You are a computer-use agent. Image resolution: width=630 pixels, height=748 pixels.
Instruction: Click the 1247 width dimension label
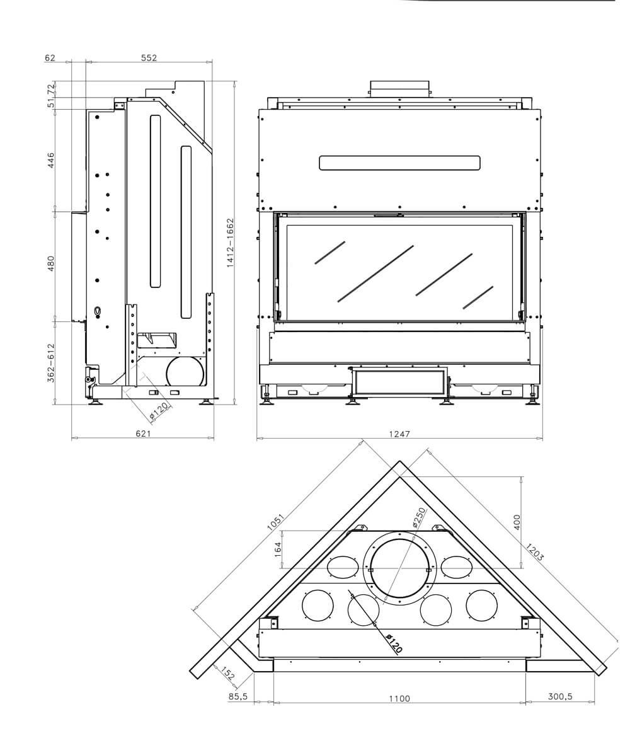tap(399, 434)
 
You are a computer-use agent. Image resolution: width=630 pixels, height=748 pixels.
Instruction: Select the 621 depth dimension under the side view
tap(143, 433)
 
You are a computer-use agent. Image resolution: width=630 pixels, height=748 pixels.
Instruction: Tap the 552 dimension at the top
tap(149, 58)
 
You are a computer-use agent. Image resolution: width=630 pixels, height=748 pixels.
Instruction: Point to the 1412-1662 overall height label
tap(231, 243)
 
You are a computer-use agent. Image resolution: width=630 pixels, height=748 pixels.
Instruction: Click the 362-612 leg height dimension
tap(51, 363)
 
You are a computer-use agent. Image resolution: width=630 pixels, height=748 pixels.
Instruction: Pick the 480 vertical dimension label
tap(51, 264)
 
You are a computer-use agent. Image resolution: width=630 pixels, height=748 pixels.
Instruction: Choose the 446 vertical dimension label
tap(51, 161)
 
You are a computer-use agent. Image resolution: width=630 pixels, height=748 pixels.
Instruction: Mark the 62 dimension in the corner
tap(50, 58)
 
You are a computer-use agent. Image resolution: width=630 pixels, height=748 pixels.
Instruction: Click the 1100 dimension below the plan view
tap(399, 698)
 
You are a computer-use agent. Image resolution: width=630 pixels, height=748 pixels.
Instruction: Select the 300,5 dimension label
tap(560, 696)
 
